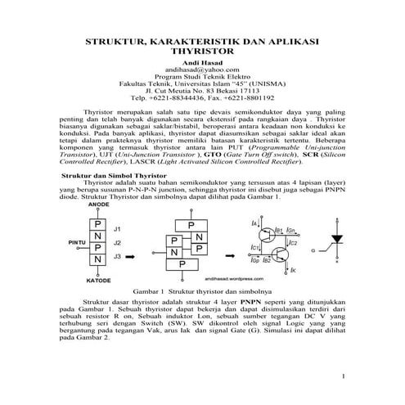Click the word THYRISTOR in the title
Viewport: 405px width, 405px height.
coord(203,50)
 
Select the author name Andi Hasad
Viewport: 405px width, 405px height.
coord(202,63)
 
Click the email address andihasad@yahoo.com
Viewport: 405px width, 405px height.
coord(202,71)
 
